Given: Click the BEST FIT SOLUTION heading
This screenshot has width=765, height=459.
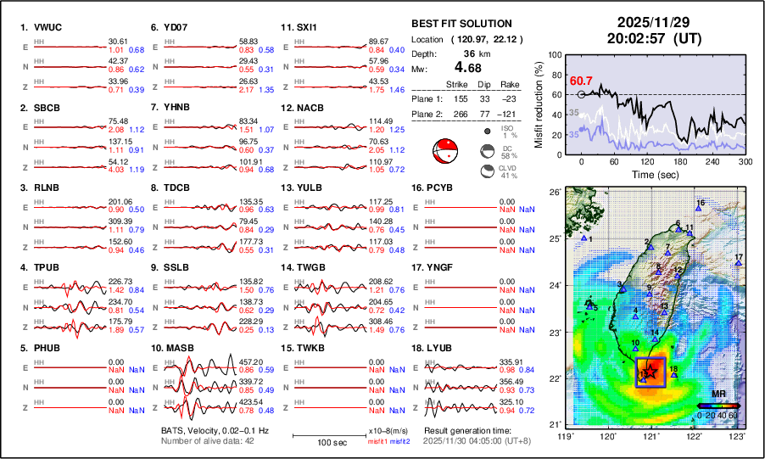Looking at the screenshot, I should click(x=461, y=24).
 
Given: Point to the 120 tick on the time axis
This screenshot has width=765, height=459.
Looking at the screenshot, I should click(x=648, y=162).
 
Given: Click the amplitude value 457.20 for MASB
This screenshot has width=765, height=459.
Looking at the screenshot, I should click(x=226, y=361).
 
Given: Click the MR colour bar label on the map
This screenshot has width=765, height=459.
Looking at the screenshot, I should click(x=717, y=395).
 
